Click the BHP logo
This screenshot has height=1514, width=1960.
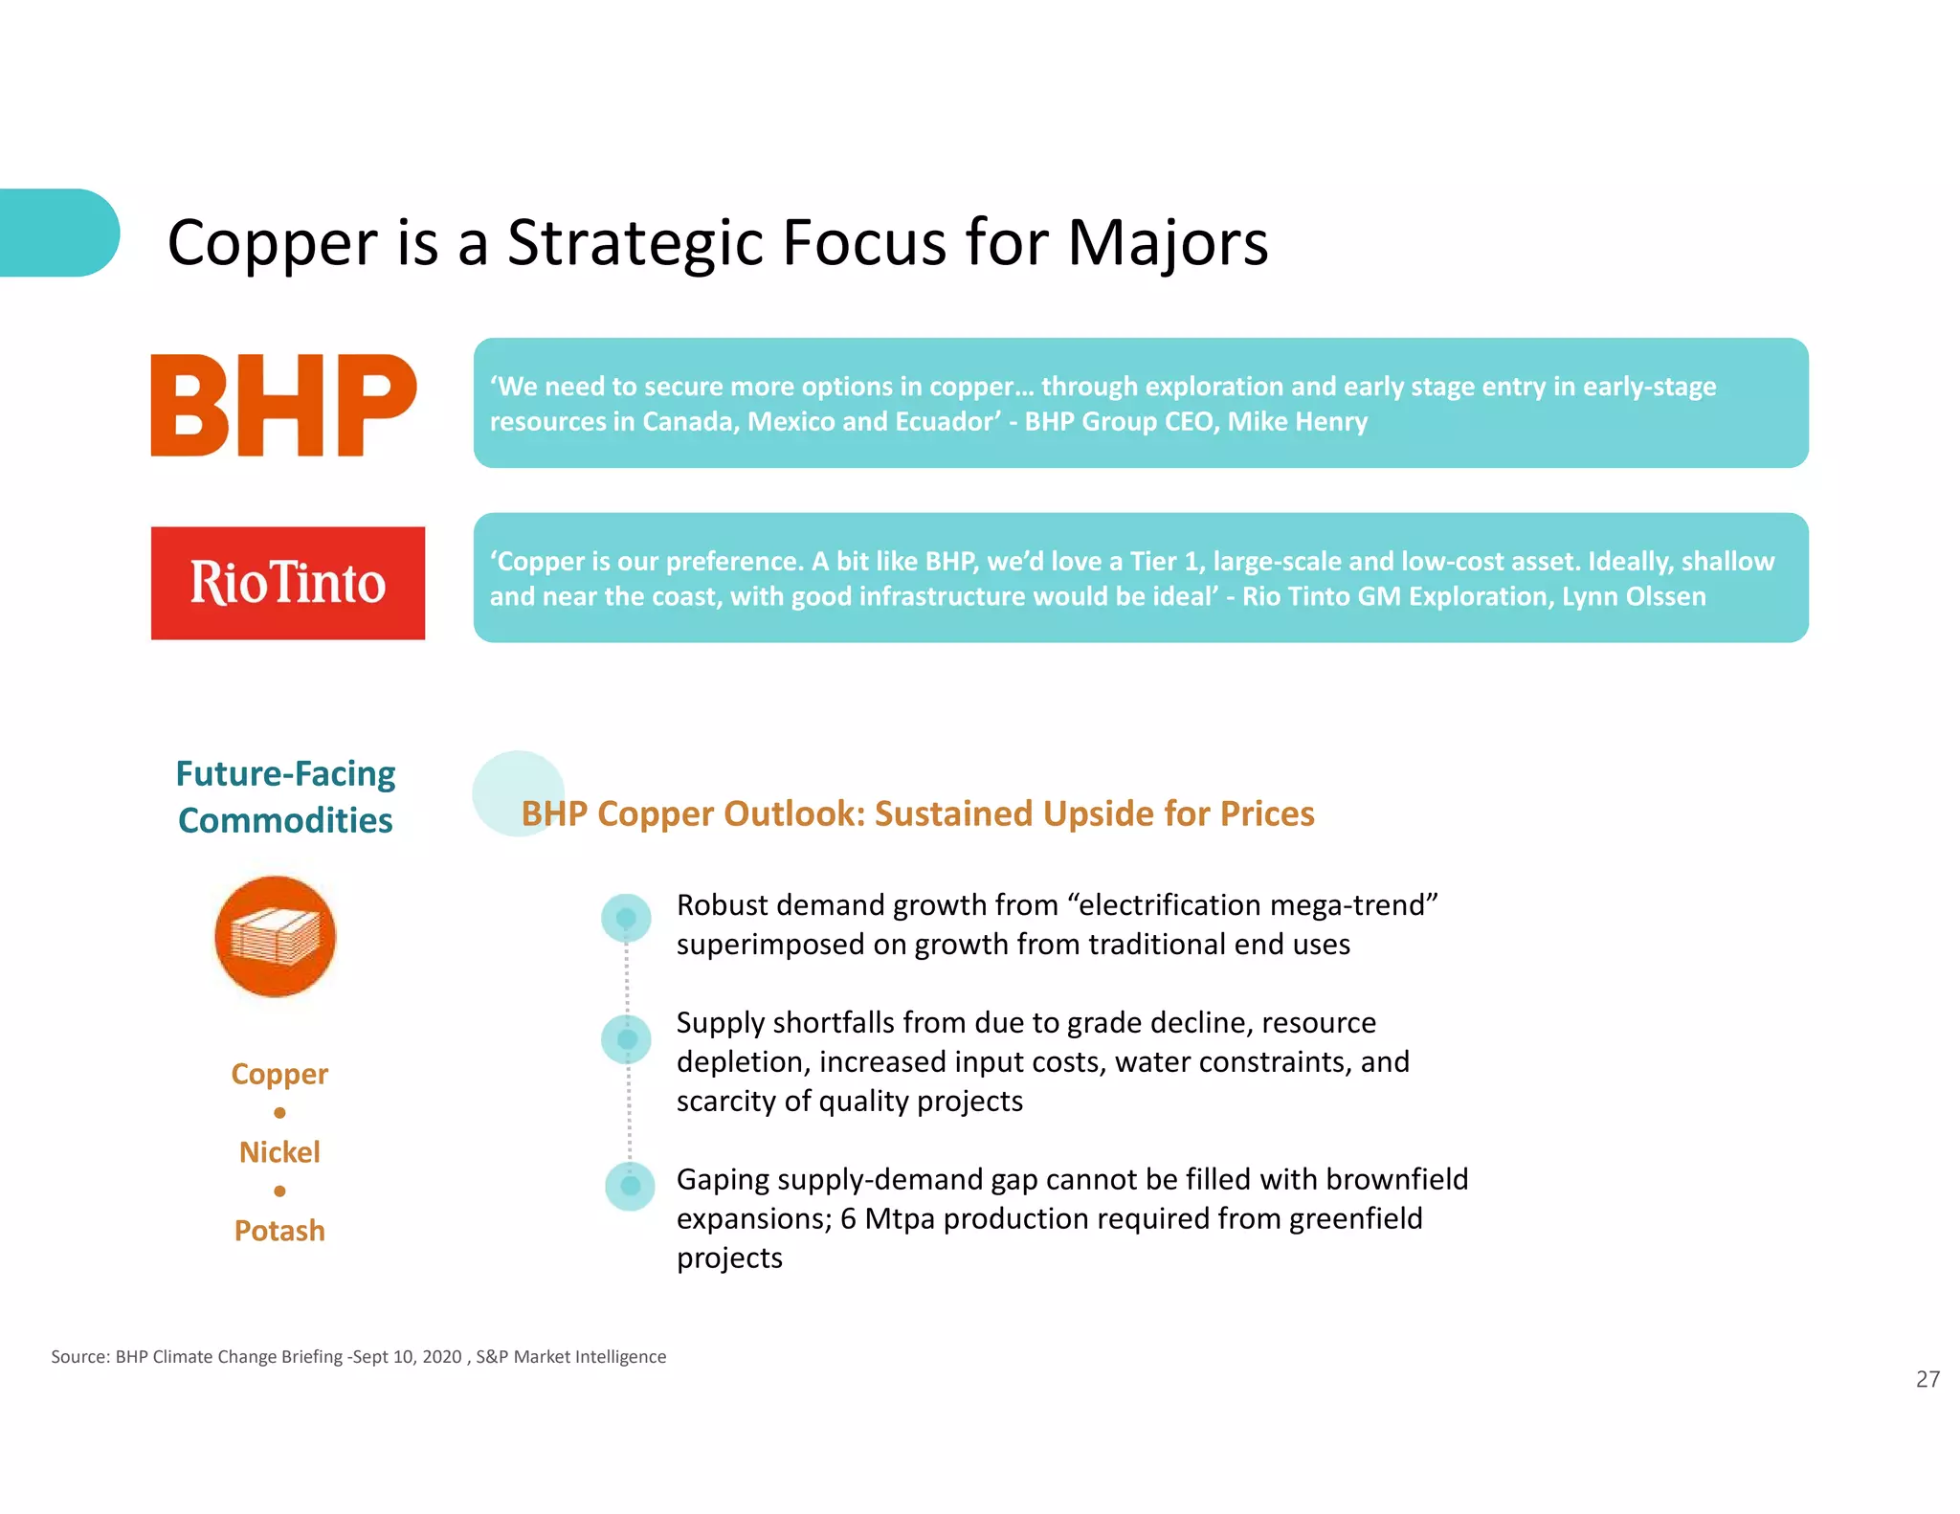coord(283,405)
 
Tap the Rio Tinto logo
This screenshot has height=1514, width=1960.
coord(287,583)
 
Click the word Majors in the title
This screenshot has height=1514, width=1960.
coord(1167,243)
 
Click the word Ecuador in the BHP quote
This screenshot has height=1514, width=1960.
coord(947,422)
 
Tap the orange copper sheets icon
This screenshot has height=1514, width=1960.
coord(276,936)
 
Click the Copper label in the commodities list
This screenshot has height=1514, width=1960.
coord(279,1074)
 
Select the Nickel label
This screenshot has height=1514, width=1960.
coord(279,1152)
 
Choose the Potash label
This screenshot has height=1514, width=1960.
coord(279,1231)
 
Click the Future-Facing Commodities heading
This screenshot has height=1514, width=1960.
coord(285,796)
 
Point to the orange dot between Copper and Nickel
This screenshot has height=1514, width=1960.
coord(279,1113)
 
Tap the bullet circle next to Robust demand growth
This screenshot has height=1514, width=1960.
coord(626,919)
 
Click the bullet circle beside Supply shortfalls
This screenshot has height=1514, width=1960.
coord(627,1039)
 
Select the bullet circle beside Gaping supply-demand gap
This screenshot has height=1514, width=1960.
coord(630,1186)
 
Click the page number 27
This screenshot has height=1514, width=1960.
coord(1927,1379)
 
